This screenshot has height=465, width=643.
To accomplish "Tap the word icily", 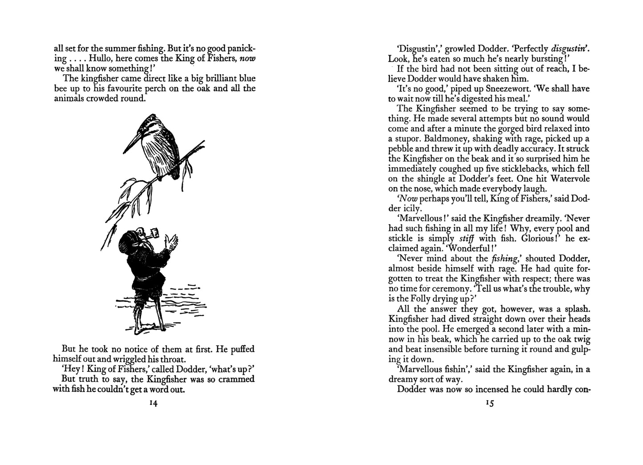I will coord(412,208).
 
